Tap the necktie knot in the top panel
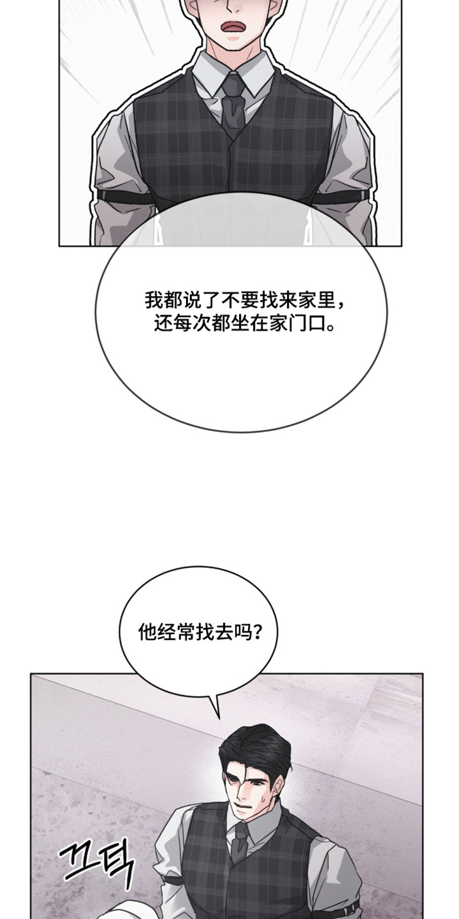click(233, 85)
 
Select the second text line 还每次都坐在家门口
click(245, 325)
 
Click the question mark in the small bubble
click(256, 632)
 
